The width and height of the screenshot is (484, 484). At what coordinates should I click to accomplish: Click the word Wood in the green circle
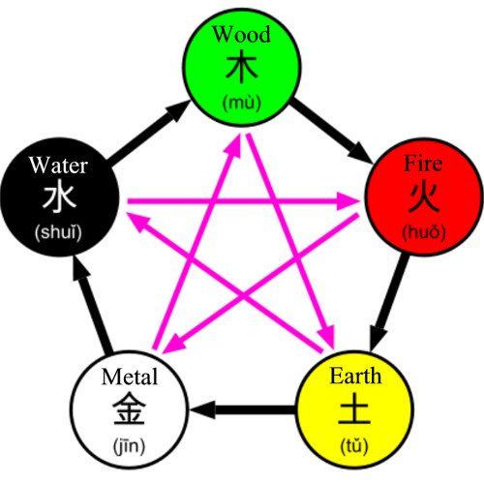[242, 36]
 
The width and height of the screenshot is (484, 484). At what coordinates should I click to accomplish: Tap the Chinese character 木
[242, 68]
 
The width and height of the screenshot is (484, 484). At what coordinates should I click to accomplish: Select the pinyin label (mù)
[242, 101]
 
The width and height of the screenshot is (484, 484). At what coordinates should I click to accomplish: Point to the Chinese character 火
[422, 197]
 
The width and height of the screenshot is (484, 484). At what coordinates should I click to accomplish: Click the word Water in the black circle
[59, 163]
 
